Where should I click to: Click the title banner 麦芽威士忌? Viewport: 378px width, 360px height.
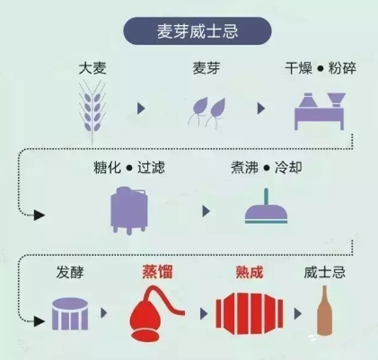(198, 31)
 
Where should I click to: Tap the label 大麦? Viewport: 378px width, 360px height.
(92, 68)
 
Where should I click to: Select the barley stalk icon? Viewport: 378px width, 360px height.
(92, 112)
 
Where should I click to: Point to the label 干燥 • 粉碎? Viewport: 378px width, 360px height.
(321, 68)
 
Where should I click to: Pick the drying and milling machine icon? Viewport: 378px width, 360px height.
(320, 111)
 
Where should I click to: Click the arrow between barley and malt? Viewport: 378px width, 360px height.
(141, 109)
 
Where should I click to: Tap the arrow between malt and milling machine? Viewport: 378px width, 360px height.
(261, 109)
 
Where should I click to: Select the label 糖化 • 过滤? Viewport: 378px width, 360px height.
(129, 168)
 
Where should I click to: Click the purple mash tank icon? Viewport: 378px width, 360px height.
(129, 210)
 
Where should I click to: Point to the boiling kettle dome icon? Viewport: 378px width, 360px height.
(266, 207)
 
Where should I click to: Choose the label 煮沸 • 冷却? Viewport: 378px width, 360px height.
(267, 168)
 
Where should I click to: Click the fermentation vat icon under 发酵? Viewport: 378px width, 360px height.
(70, 314)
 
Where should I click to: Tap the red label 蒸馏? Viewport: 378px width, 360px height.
(157, 272)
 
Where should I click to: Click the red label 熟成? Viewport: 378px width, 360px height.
(250, 272)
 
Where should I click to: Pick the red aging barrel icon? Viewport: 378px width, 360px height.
(250, 314)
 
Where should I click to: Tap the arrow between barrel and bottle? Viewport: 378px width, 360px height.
(298, 313)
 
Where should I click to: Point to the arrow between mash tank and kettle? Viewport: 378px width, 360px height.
(206, 211)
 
